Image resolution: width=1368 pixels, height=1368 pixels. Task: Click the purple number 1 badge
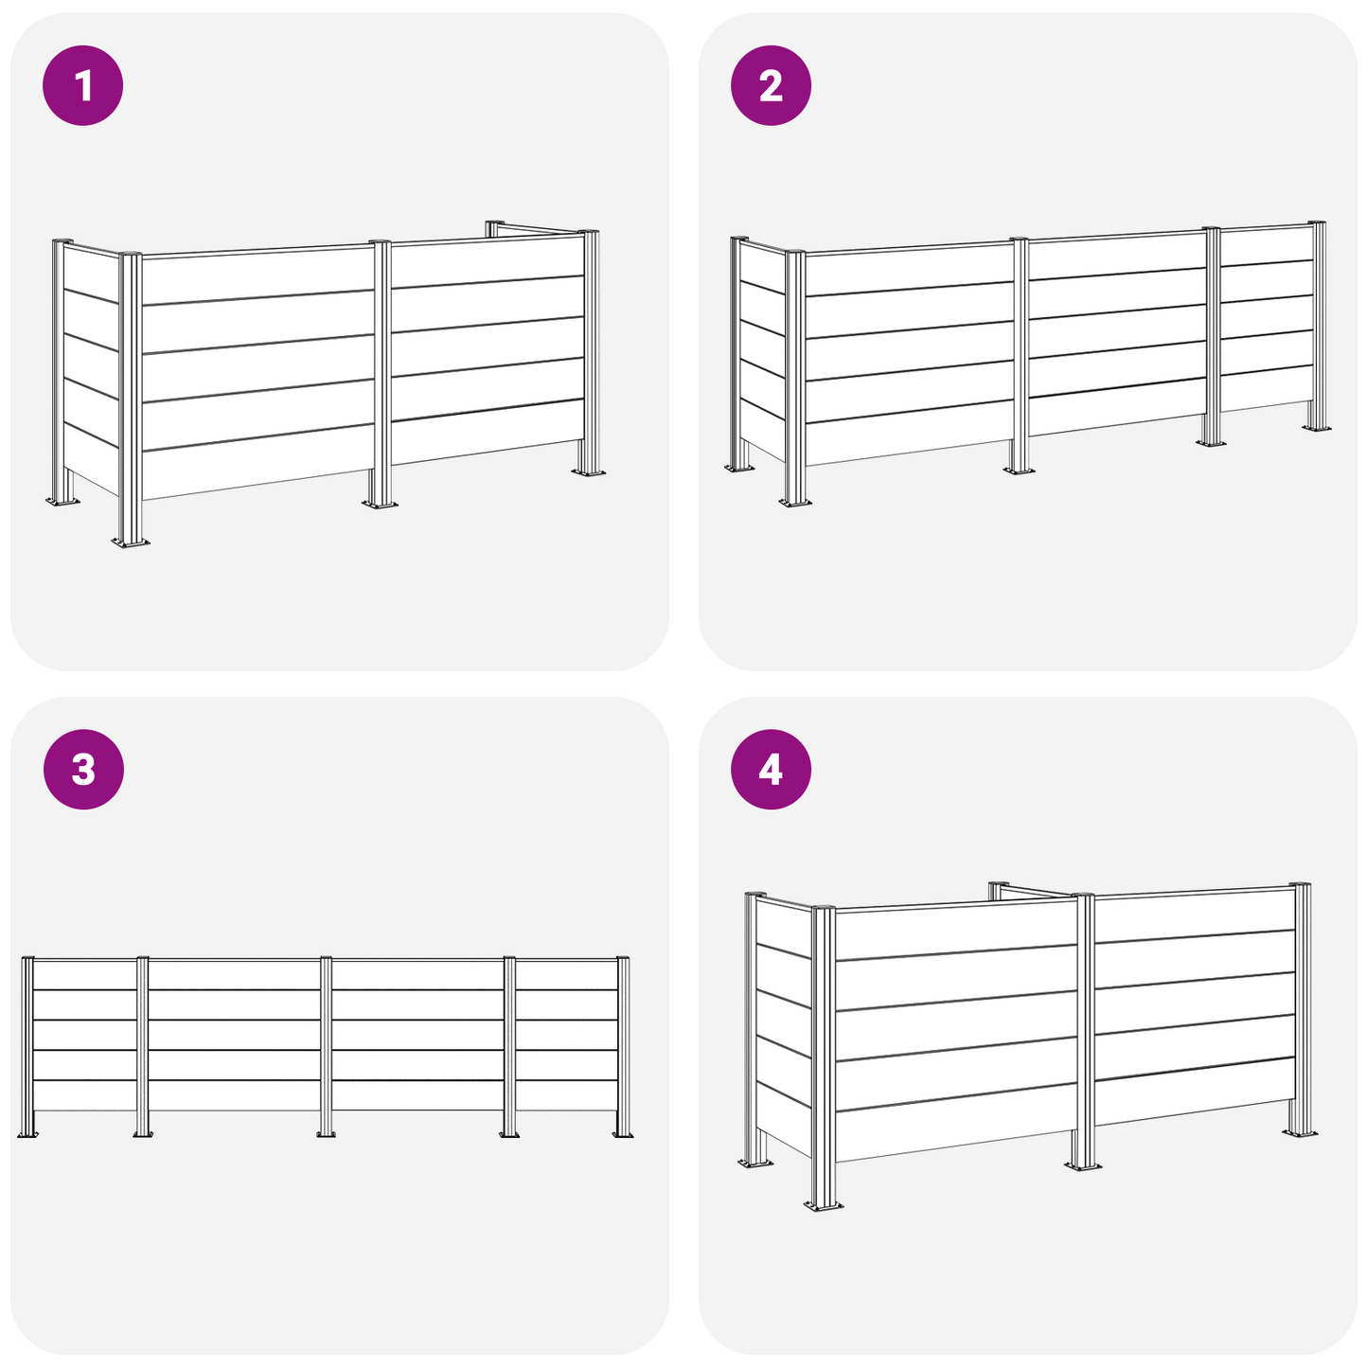(83, 86)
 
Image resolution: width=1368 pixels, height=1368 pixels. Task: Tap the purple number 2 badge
(771, 86)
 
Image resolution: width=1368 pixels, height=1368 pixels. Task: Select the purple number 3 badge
(83, 770)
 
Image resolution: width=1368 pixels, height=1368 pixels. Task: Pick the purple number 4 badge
(771, 770)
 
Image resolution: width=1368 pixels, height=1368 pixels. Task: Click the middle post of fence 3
(326, 1046)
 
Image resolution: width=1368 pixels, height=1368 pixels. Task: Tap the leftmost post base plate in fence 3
(27, 1134)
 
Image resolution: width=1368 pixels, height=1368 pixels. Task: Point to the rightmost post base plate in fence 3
(623, 1134)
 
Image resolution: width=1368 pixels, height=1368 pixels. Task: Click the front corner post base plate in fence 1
(131, 542)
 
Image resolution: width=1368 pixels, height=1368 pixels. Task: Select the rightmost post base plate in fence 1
(589, 471)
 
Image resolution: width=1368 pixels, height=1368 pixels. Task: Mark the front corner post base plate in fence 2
(795, 503)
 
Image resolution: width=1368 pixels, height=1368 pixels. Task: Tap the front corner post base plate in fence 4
(824, 1204)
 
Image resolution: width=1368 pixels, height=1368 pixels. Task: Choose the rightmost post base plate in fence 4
(1300, 1131)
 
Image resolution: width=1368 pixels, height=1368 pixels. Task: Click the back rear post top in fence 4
(999, 886)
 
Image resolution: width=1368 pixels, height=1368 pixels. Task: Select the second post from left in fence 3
(143, 1046)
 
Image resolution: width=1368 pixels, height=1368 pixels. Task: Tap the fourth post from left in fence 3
(509, 1046)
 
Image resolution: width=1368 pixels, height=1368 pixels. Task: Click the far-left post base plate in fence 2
(739, 468)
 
